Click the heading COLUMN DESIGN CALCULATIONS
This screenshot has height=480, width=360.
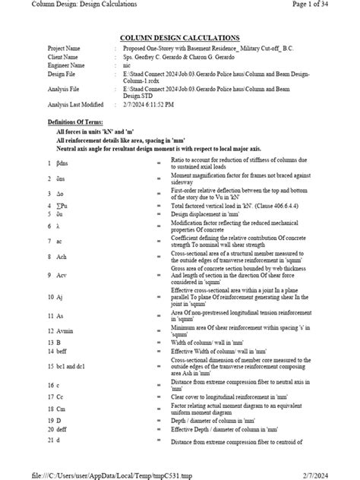(x=180, y=37)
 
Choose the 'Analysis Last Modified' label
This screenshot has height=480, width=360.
(x=75, y=104)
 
